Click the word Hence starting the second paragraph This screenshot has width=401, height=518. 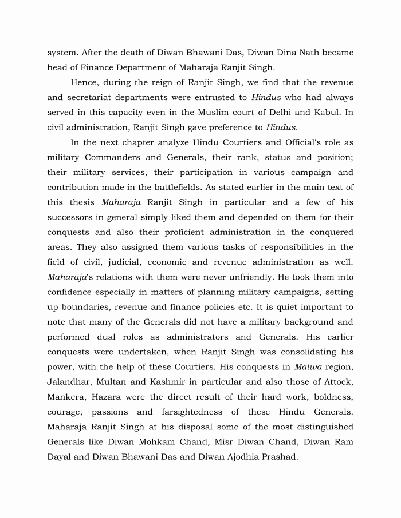pyautogui.click(x=84, y=83)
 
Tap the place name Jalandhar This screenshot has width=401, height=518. pyautogui.click(x=70, y=382)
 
